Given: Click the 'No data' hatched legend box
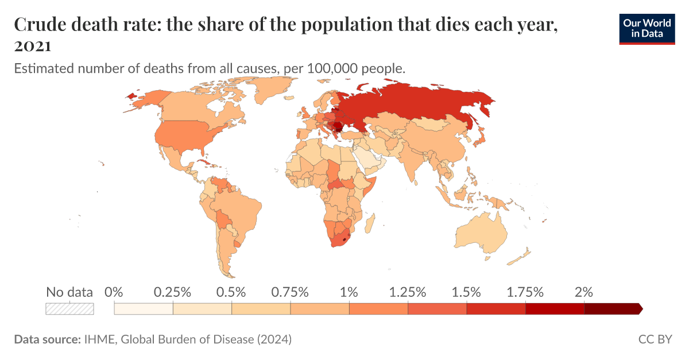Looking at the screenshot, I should click(x=69, y=309).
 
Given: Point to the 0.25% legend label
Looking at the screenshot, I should click(x=172, y=292).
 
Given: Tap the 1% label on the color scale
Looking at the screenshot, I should click(x=349, y=292).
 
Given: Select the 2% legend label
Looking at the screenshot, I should click(x=583, y=292).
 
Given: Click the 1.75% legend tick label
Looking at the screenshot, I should click(x=524, y=292).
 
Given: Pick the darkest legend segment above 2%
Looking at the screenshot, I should click(x=612, y=309).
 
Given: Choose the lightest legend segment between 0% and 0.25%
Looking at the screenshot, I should click(x=144, y=309).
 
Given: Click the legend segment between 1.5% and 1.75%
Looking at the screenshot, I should click(x=496, y=309).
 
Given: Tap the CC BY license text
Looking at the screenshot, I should click(x=655, y=339).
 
